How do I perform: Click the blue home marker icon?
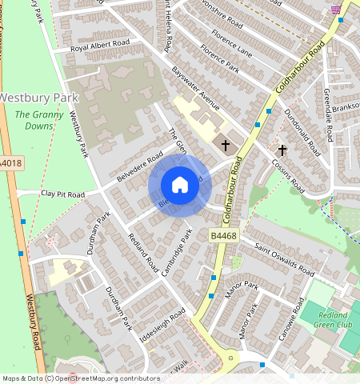coord(180,186)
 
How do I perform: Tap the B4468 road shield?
coord(223,236)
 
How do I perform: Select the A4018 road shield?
coord(10,163)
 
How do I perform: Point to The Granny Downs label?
coord(34,121)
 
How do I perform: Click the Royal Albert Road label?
coord(100,46)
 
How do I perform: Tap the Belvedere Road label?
coord(134,166)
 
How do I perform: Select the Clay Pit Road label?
coord(62,194)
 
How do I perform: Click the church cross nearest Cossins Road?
coord(282,150)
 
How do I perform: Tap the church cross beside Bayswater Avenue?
coord(226,146)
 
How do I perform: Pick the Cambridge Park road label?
coord(177,253)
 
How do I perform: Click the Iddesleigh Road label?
coord(162,324)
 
